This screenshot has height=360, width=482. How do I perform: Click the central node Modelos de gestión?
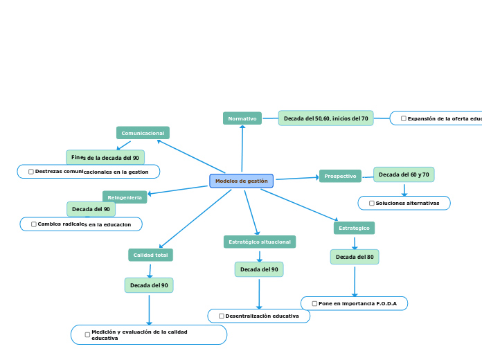click(x=241, y=181)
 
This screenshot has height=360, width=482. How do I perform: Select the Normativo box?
click(x=242, y=118)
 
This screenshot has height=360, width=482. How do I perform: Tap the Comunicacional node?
click(x=143, y=133)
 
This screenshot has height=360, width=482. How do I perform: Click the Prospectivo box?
click(x=340, y=177)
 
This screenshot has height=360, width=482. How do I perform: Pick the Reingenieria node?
click(x=125, y=197)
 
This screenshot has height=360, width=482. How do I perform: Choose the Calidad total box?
click(x=150, y=255)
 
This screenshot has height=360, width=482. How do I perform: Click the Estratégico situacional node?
click(x=260, y=242)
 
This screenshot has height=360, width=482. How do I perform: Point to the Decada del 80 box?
click(x=355, y=257)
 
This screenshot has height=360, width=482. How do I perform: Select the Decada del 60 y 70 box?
click(x=404, y=174)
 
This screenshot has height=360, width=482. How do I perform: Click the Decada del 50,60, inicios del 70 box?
click(x=325, y=118)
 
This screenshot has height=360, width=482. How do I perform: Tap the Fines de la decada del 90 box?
click(x=105, y=158)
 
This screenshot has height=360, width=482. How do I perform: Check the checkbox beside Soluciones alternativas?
click(x=372, y=203)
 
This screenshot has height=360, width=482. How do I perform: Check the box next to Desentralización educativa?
click(x=222, y=316)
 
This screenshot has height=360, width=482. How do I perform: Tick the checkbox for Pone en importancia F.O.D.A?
click(x=314, y=303)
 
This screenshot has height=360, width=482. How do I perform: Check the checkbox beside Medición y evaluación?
click(x=87, y=334)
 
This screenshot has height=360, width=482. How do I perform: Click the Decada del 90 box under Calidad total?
click(x=149, y=285)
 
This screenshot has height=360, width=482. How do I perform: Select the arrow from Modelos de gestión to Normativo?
click(x=242, y=149)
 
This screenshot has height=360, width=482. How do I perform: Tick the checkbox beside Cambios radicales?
click(x=34, y=224)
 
